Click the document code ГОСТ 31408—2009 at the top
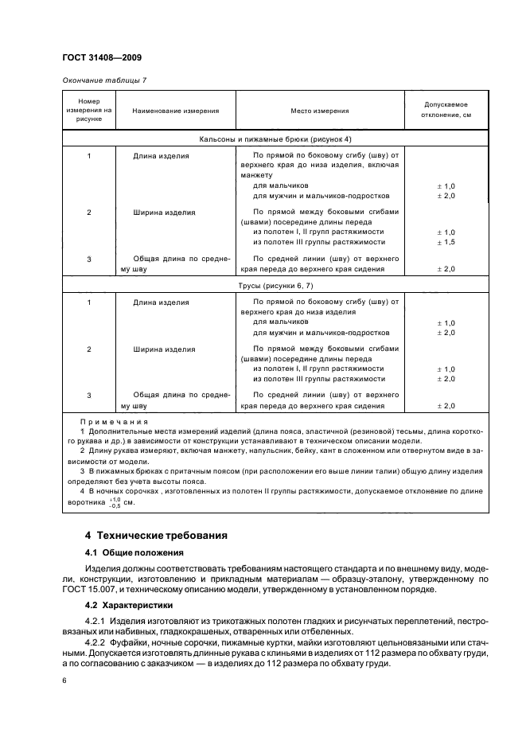click(x=101, y=59)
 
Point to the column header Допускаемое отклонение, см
click(x=446, y=110)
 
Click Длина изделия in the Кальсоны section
click(x=161, y=156)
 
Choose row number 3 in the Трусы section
click(x=89, y=395)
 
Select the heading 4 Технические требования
click(x=155, y=535)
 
